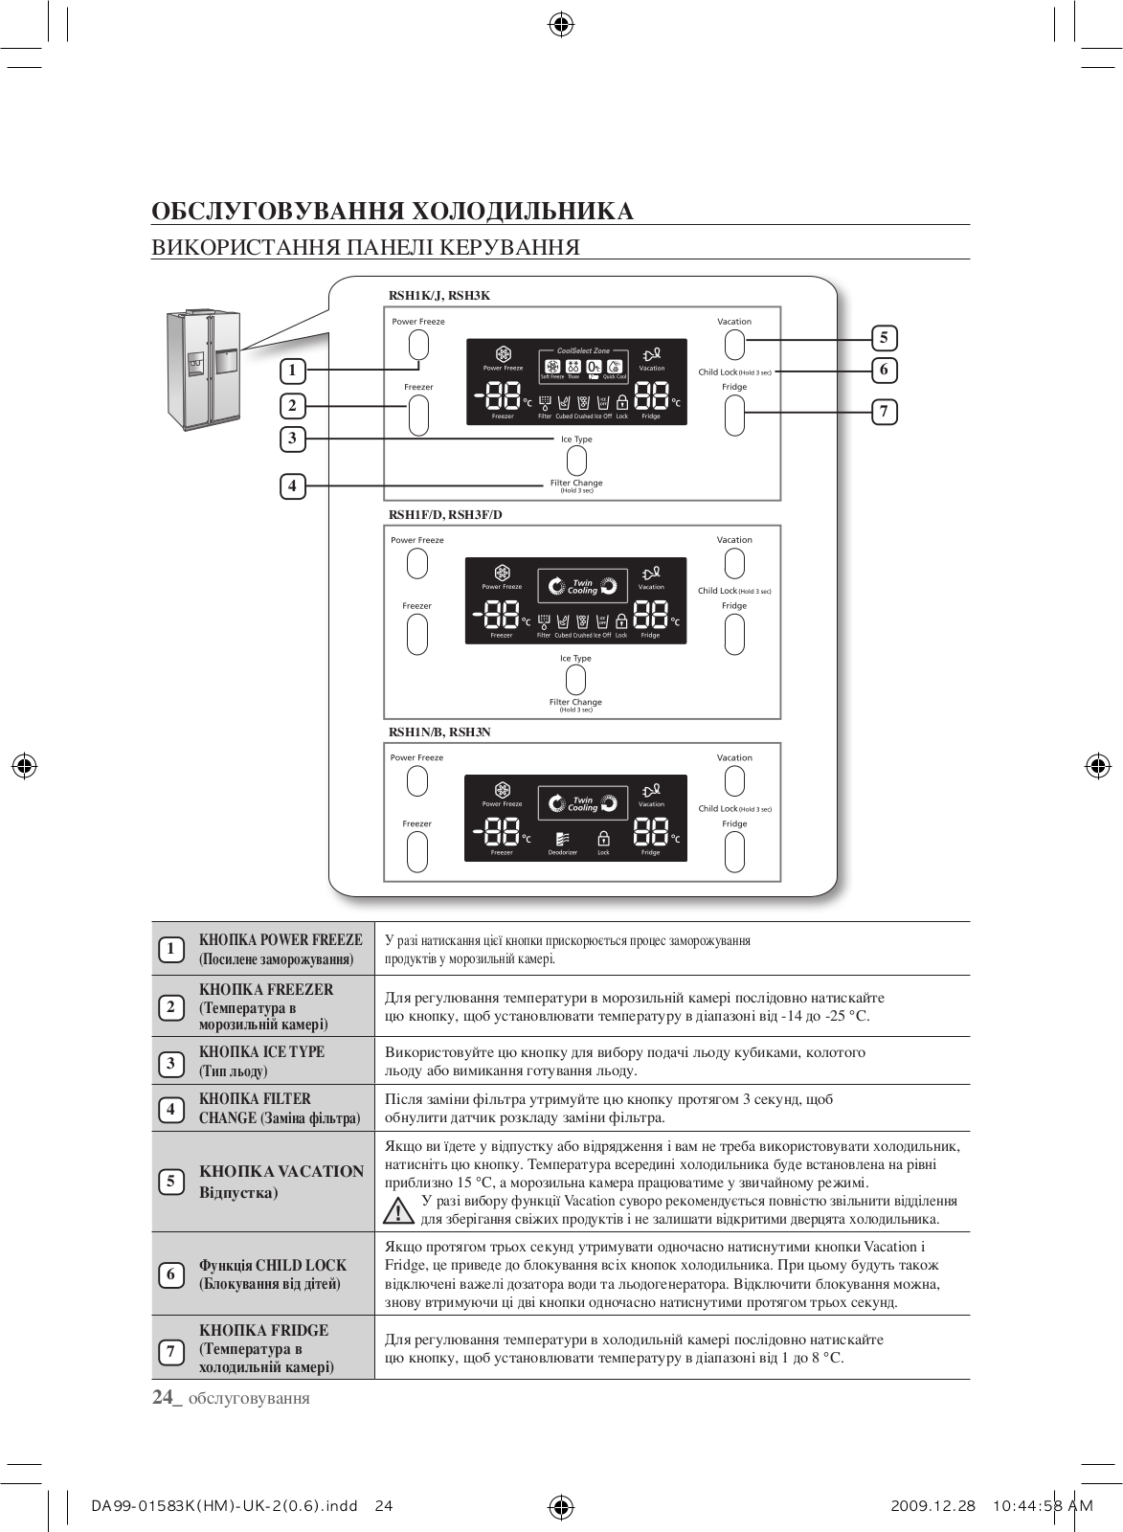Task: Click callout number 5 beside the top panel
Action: [884, 337]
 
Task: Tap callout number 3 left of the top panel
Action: [293, 439]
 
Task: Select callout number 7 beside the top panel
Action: [884, 412]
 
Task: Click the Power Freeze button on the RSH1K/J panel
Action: [417, 346]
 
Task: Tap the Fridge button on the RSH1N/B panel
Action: [734, 851]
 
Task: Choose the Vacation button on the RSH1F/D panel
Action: [734, 564]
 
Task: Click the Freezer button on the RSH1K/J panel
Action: [417, 415]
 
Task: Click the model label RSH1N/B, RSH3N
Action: [439, 732]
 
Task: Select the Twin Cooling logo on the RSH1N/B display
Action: [582, 803]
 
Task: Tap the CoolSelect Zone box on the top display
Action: [583, 365]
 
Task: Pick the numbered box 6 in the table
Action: [170, 1273]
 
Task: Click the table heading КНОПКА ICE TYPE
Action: [261, 1051]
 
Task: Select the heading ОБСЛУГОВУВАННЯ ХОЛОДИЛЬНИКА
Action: [393, 211]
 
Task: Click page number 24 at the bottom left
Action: [164, 1397]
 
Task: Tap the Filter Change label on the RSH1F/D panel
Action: [575, 702]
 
